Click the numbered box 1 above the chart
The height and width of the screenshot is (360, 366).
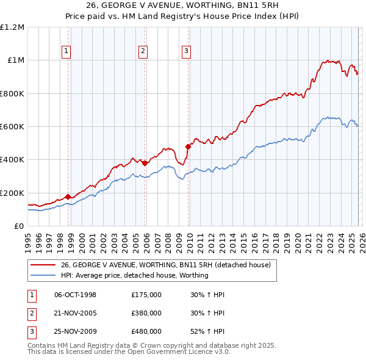click(x=65, y=51)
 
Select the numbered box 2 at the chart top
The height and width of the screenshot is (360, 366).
click(x=143, y=51)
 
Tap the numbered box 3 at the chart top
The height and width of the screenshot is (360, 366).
click(x=186, y=51)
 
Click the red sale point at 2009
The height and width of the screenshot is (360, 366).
click(x=188, y=146)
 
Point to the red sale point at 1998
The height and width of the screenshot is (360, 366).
click(x=68, y=197)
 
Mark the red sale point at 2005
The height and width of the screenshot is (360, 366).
click(x=145, y=163)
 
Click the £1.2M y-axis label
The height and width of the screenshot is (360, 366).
click(x=12, y=27)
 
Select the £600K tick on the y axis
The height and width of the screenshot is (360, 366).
click(x=12, y=127)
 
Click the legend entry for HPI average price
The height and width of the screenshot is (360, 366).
click(x=135, y=275)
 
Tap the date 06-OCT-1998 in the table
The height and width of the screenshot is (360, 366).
click(x=76, y=295)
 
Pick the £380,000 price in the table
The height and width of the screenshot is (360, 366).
click(x=146, y=313)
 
